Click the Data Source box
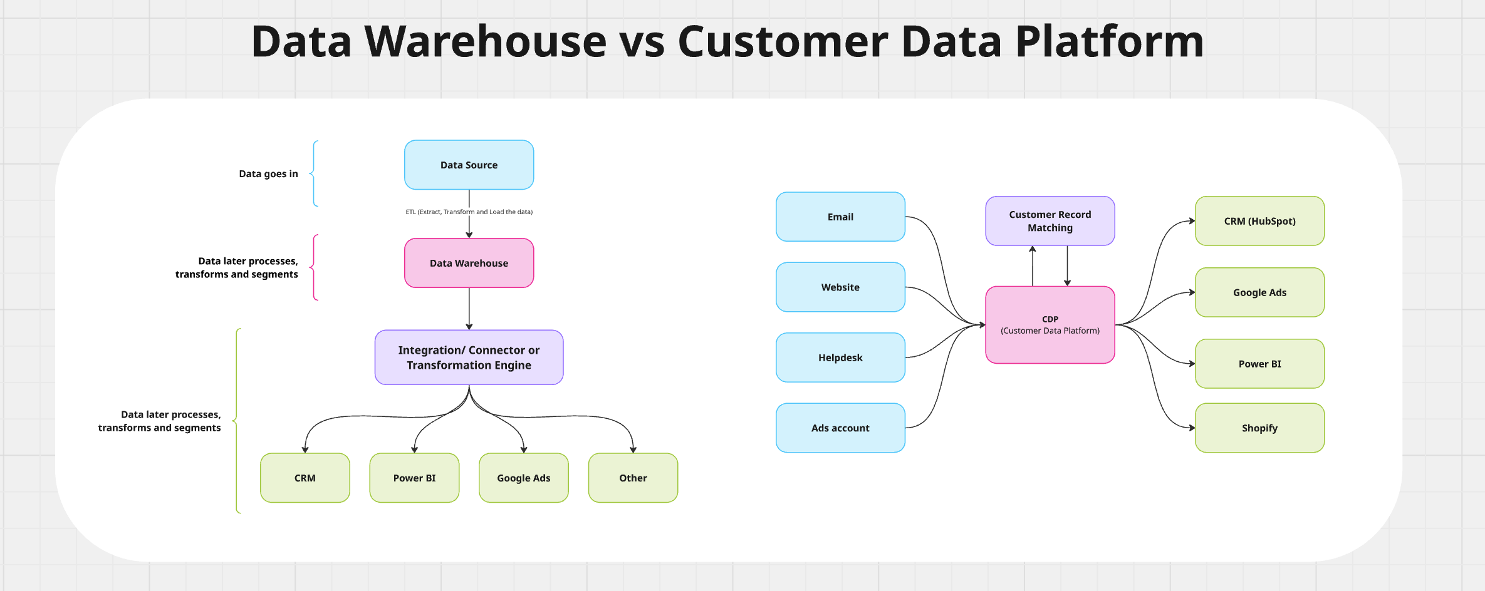[469, 165]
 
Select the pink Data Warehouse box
[469, 263]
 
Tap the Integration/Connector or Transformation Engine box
[469, 357]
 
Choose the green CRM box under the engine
[305, 478]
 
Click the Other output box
[633, 478]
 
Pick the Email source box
[840, 217]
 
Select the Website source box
[840, 287]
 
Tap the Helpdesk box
[840, 357]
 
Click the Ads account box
[840, 428]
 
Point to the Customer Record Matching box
[1050, 221]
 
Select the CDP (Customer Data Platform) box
[1050, 325]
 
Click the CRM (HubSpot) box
[1259, 221]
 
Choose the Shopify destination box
[1259, 428]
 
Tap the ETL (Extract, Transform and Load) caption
[469, 212]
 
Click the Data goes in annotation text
[268, 174]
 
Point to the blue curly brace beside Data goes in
[314, 173]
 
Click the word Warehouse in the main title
[485, 42]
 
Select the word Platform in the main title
[1109, 42]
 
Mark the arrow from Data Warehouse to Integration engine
[469, 309]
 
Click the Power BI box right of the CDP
[1259, 364]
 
